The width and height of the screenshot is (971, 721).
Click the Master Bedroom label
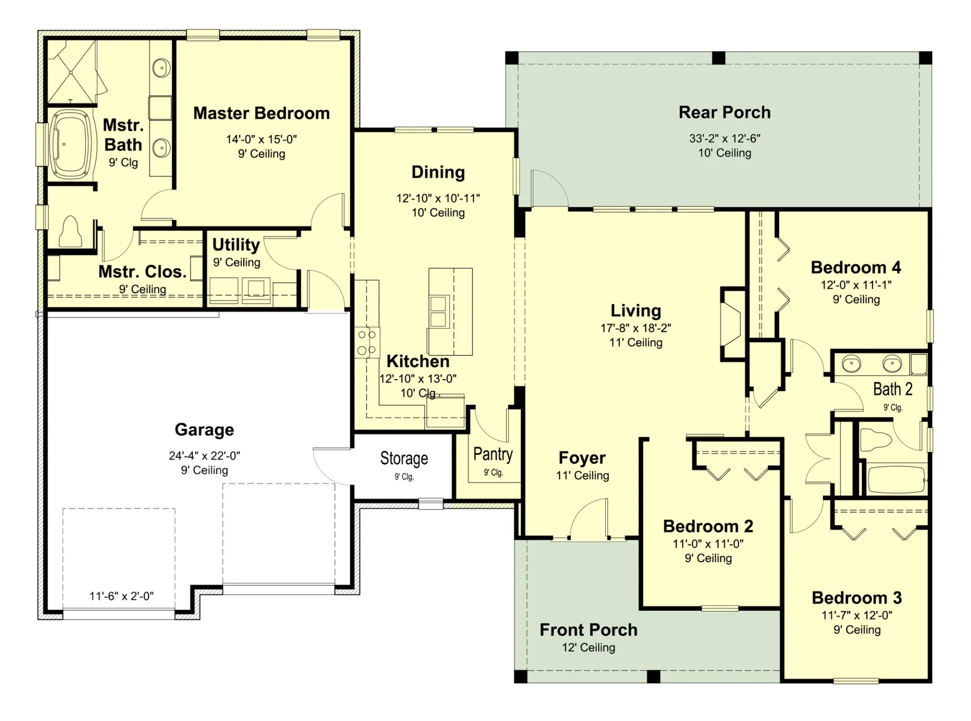click(261, 113)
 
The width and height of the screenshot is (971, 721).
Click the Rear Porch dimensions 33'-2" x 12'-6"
click(725, 138)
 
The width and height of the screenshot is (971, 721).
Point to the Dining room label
click(438, 172)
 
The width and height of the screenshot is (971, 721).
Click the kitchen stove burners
click(367, 342)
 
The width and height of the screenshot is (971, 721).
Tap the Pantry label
click(493, 454)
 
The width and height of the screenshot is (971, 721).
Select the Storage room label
click(404, 458)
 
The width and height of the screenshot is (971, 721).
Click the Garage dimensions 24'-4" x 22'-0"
click(204, 456)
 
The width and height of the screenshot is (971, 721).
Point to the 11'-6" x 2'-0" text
click(121, 596)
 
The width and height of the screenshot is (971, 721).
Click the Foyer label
click(582, 458)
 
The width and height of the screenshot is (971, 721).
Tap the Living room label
click(636, 310)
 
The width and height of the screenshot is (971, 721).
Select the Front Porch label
click(589, 629)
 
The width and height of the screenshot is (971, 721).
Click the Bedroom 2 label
click(708, 526)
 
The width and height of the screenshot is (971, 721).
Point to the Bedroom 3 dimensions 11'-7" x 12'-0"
click(857, 615)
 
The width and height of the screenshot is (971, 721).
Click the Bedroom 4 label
click(856, 267)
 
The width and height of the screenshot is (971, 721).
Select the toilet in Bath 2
click(875, 438)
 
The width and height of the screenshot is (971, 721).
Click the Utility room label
click(236, 245)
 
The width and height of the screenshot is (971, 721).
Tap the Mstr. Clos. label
click(143, 272)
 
